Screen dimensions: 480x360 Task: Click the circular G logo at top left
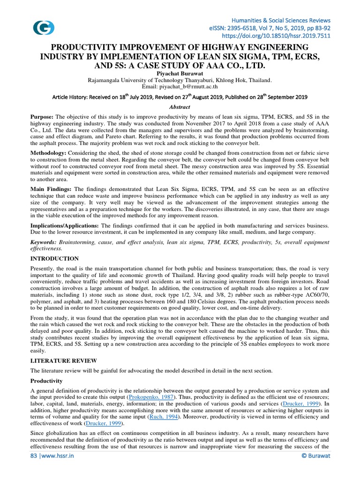click(x=43, y=27)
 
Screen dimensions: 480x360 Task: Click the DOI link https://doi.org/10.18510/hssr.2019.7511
click(x=276, y=35)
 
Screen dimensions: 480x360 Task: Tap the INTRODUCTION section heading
click(x=54, y=259)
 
